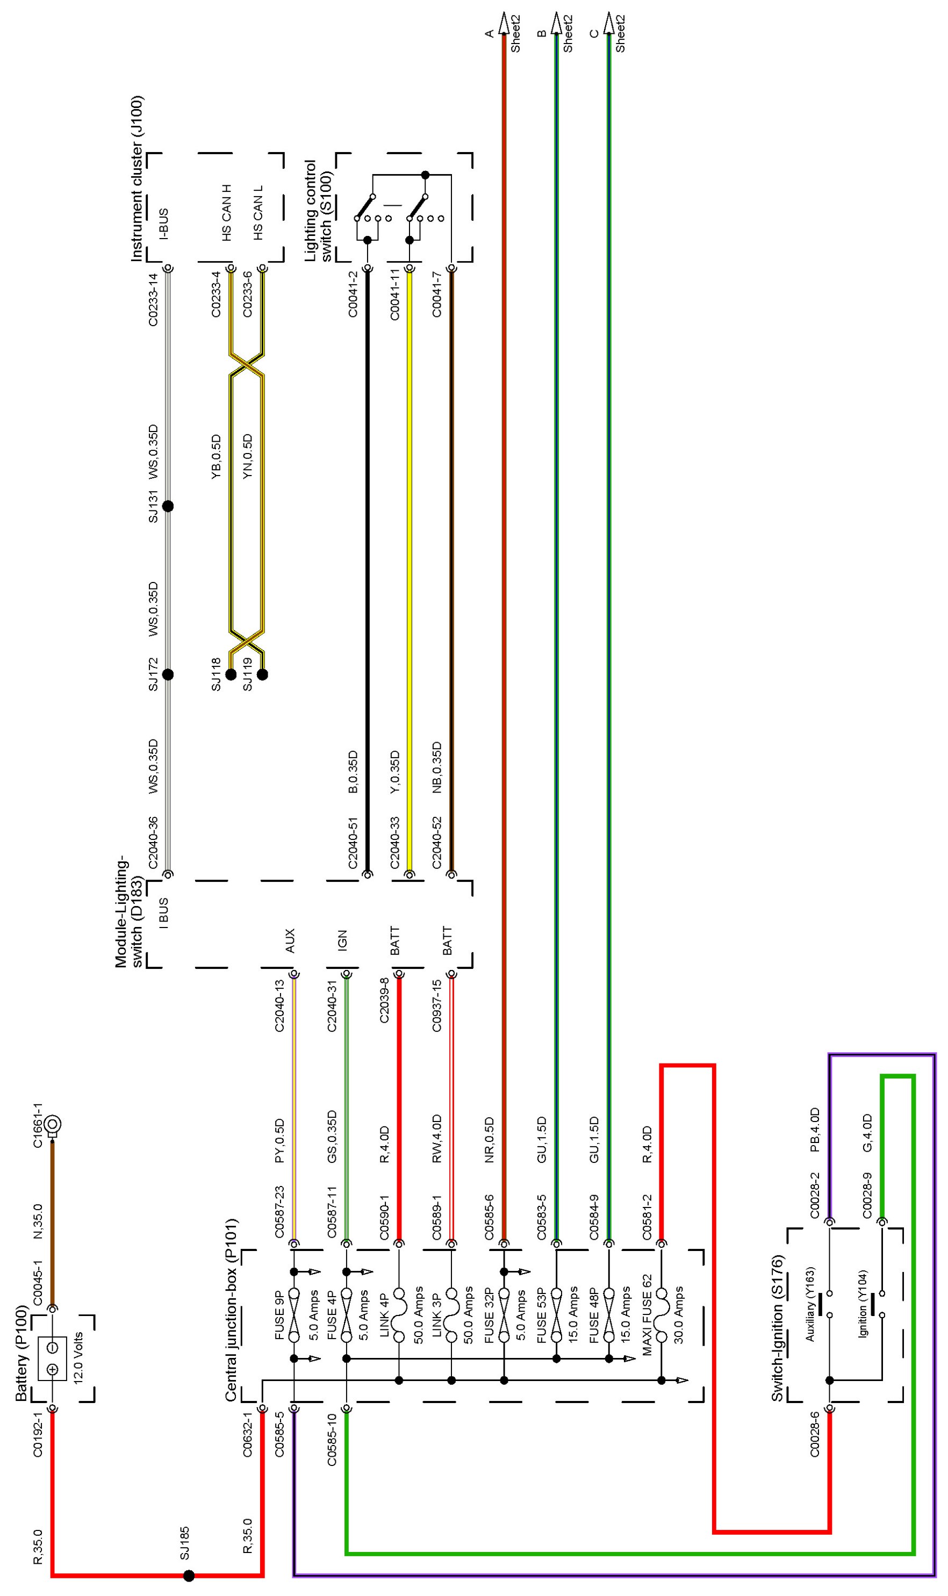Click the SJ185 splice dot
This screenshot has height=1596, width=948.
coord(189,1576)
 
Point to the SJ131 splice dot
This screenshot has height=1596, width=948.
coord(168,506)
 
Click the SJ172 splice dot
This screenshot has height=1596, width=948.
coord(168,674)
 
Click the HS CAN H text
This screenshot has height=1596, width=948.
coord(227,213)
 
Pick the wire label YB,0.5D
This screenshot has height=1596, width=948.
coord(216,457)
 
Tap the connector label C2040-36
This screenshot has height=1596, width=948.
coord(153,843)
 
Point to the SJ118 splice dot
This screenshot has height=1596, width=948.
coord(231,674)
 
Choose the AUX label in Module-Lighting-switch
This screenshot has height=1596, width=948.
coord(289,941)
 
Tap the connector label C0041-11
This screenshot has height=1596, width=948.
coord(395,294)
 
